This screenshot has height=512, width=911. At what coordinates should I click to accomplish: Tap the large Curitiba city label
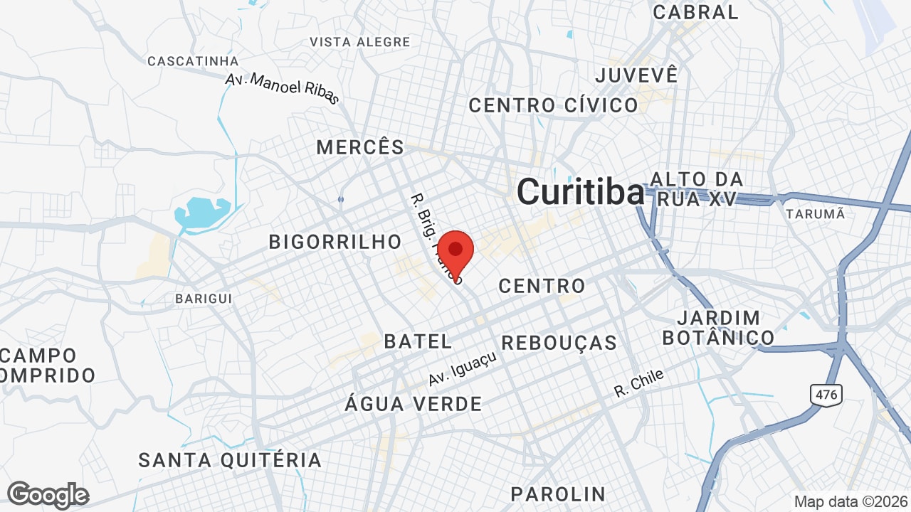point(580,192)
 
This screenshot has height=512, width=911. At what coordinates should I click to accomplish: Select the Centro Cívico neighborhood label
point(553,105)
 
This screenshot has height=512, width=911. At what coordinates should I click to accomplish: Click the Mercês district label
point(360,147)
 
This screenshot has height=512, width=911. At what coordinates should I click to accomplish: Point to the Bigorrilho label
point(335,242)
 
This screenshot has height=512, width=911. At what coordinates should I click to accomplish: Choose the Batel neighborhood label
point(418,341)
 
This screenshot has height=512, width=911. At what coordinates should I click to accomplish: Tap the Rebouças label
point(559,343)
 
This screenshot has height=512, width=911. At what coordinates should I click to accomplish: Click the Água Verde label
point(413,404)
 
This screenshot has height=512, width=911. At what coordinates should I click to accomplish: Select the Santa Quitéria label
point(230,459)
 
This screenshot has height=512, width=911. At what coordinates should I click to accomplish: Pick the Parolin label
point(557,494)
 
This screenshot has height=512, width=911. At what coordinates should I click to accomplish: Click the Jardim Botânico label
point(718,327)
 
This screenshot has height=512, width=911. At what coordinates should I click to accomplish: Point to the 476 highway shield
point(825,394)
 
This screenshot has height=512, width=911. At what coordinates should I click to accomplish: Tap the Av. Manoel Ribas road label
point(283,88)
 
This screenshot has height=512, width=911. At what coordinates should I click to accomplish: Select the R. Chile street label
point(638,383)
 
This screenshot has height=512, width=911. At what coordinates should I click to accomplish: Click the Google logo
point(48,495)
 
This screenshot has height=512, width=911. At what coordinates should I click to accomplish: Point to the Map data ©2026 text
point(851,501)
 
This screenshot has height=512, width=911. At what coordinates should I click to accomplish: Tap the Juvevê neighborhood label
point(636,75)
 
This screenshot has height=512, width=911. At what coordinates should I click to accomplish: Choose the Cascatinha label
point(192,61)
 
